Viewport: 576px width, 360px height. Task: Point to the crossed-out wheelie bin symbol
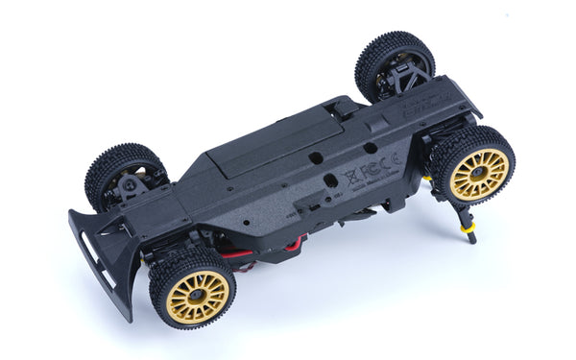click(350, 181)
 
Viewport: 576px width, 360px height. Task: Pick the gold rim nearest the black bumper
click(198, 295)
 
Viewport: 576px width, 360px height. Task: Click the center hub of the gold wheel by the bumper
click(198, 295)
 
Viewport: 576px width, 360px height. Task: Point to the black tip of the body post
click(471, 240)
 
